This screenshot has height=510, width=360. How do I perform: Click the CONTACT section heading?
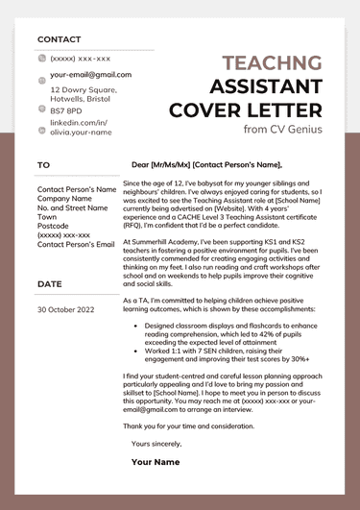point(60,39)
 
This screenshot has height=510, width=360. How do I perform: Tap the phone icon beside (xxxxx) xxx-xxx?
point(41,59)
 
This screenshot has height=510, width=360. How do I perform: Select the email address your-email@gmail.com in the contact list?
point(90,74)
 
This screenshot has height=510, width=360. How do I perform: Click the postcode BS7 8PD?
point(67,110)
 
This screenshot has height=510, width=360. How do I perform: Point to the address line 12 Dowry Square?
point(83,87)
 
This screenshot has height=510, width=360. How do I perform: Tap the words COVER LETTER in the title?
point(246,109)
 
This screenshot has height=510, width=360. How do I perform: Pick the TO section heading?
point(43,165)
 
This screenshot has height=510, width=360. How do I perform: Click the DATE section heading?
point(49,284)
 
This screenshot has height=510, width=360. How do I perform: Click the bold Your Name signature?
point(156,462)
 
